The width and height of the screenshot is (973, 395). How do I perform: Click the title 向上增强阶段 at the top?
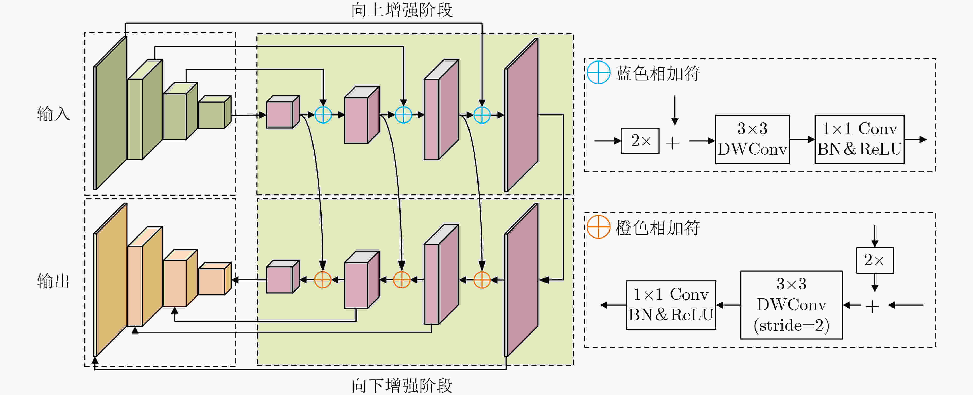[402, 10]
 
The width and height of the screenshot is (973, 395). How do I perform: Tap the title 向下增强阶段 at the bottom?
[402, 385]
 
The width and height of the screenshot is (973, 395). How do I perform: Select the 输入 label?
[53, 114]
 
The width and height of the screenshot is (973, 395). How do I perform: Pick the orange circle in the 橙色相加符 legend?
[598, 227]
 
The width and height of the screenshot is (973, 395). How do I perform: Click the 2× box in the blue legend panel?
[640, 141]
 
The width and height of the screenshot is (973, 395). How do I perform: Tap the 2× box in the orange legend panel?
[874, 260]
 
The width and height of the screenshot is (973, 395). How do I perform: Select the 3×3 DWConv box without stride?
[752, 139]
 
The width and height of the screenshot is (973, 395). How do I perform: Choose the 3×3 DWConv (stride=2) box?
[791, 305]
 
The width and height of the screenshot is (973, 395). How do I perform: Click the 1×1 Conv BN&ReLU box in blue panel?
[859, 139]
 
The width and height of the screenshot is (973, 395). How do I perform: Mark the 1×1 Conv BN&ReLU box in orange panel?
[671, 305]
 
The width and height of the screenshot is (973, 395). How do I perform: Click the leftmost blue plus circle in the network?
[323, 115]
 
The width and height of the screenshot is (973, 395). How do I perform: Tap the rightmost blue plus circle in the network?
[482, 115]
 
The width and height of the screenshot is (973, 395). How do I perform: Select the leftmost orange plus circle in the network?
[323, 280]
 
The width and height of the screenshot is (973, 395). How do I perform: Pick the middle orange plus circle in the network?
[402, 280]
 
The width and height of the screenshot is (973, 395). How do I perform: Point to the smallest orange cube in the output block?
[214, 279]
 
